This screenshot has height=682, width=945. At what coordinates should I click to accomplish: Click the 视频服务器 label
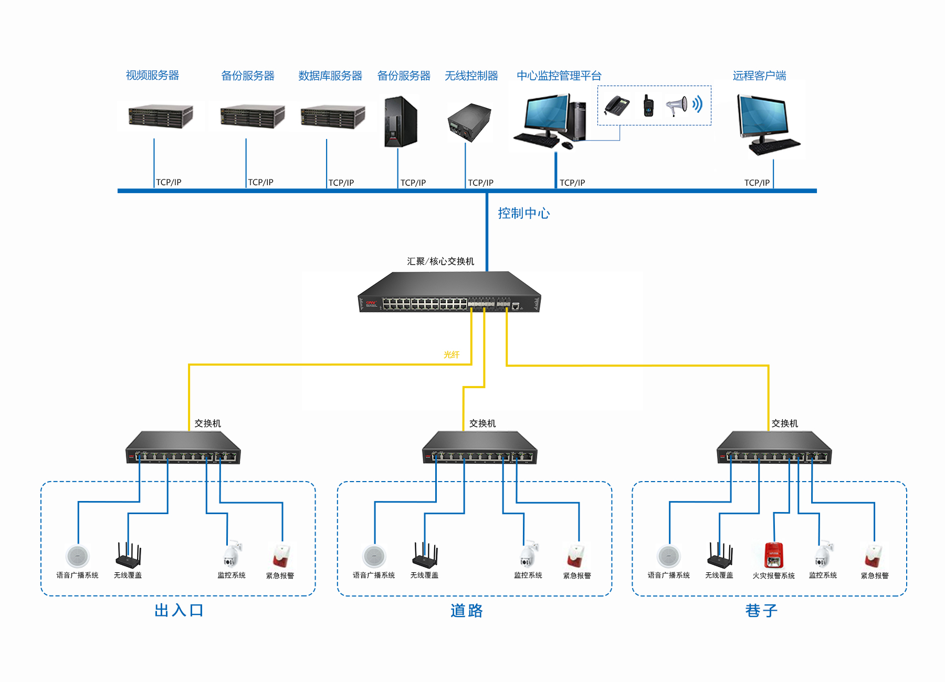(x=152, y=76)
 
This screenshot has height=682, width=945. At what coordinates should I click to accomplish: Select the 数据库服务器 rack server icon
(x=332, y=117)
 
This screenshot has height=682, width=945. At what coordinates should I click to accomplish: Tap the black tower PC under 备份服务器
(x=401, y=122)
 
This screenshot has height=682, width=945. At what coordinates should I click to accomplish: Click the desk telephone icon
(x=617, y=105)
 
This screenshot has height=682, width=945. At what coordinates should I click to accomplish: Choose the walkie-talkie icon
(x=648, y=105)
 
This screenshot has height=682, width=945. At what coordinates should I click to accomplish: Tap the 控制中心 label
(x=523, y=214)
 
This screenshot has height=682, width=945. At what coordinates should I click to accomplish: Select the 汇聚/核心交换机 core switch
(x=449, y=293)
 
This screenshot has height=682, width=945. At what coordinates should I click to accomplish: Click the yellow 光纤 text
(x=451, y=355)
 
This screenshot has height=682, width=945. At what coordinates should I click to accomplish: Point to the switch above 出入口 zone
(x=183, y=448)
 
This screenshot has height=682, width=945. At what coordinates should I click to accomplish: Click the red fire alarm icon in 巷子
(x=773, y=556)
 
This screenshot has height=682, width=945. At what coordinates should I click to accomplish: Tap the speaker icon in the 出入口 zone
(x=78, y=556)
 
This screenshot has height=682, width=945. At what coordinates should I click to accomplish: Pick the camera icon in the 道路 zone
(x=528, y=554)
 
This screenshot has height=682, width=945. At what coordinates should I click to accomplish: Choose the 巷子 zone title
(x=761, y=611)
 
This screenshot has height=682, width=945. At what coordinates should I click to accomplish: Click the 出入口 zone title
(x=179, y=611)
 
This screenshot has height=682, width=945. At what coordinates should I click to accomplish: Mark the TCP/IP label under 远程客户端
(x=757, y=183)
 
